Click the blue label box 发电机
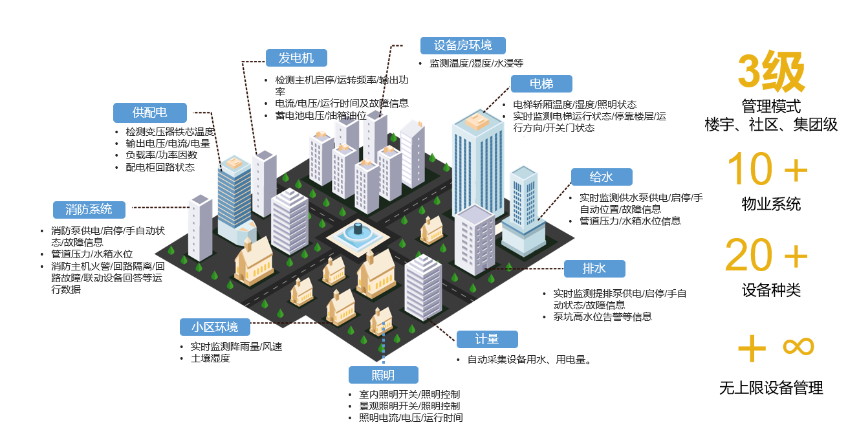click(296, 58)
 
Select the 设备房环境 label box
click(462, 45)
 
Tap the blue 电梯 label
click(541, 83)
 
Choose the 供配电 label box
click(150, 113)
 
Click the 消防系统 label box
click(89, 210)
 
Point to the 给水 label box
click(602, 177)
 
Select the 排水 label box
click(594, 268)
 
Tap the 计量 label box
click(487, 339)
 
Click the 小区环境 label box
click(215, 327)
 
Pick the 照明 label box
click(383, 375)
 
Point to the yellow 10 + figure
click(767, 168)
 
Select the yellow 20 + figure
click(766, 254)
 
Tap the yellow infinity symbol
click(798, 346)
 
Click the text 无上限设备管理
click(771, 388)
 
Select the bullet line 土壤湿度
click(210, 358)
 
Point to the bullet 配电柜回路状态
click(160, 167)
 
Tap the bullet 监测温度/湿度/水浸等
click(476, 63)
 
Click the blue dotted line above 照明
click(383, 343)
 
